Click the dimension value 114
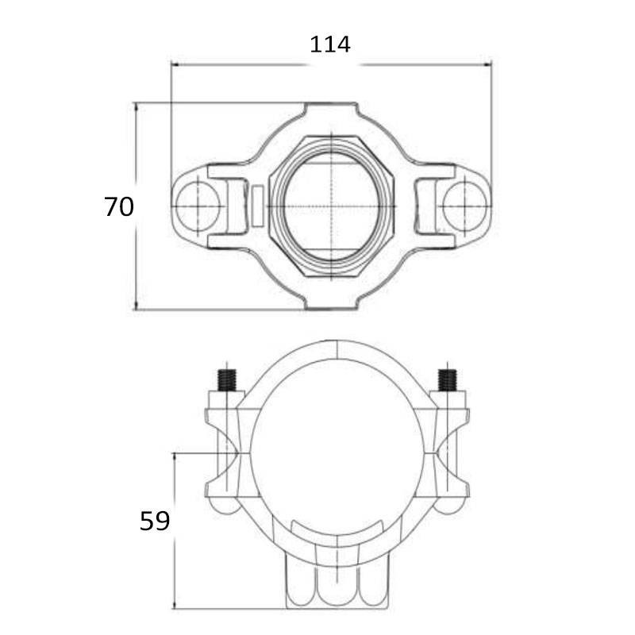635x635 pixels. point(330,44)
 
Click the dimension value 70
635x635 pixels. point(118,206)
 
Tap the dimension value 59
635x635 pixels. point(155,521)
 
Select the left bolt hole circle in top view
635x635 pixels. point(198,206)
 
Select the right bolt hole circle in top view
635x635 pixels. point(464,206)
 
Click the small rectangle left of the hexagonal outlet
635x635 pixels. point(257,206)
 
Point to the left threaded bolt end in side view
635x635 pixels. point(227,380)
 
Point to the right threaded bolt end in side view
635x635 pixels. point(448,380)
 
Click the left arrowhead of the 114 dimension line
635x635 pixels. point(175,64)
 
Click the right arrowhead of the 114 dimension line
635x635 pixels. point(487,64)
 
